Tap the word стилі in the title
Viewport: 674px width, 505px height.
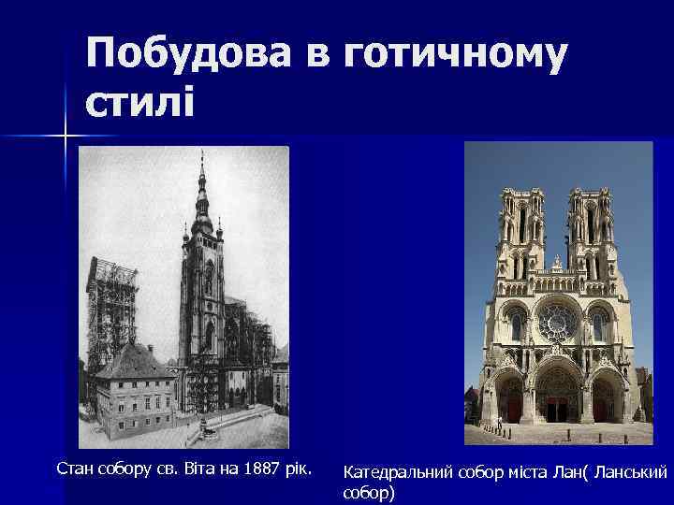140,98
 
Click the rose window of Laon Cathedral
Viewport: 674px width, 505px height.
558,322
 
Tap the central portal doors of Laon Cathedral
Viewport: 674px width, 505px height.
559,408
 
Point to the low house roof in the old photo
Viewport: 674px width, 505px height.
136,360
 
